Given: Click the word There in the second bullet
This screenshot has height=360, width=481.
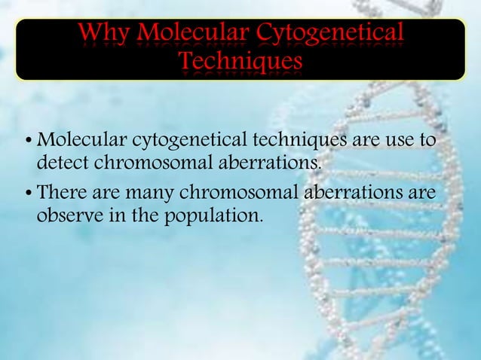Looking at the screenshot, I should point(62,194).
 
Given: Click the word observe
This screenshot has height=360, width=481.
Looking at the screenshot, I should point(68,216).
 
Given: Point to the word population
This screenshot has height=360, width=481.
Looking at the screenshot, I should point(219,216).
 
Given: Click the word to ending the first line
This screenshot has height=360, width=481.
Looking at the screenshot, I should point(432,141).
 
